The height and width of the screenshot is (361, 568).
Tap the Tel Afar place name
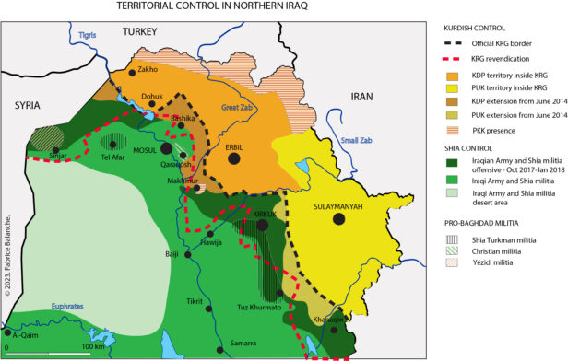click(x=114, y=157)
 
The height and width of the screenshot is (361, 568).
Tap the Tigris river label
click(x=87, y=35)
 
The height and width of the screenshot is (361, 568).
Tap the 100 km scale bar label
click(x=93, y=347)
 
